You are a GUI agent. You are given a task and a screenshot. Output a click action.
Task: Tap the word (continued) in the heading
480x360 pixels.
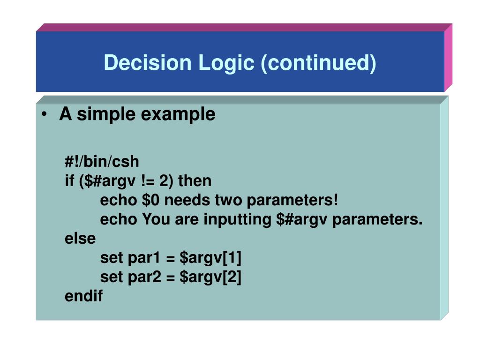point(319,63)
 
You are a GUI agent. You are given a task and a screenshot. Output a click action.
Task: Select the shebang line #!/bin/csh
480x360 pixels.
point(102,162)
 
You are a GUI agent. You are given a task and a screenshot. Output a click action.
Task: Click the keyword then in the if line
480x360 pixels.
point(195,181)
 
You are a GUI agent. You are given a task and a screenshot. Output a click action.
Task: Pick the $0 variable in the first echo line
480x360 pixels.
point(151,200)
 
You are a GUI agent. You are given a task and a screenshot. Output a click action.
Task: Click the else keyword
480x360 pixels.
point(80,239)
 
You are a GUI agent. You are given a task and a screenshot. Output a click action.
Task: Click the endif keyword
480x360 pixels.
point(83,296)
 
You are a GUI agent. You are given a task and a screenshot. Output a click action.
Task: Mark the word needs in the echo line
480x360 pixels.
point(186,200)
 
